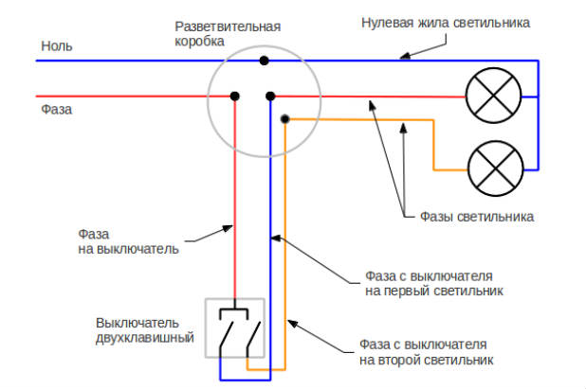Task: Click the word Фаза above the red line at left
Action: coord(57,109)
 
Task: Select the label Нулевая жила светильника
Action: coord(446,22)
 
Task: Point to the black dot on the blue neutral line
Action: coord(264,61)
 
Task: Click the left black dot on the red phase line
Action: coord(234,96)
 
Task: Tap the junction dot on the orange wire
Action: coord(285,119)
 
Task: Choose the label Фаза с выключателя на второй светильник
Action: coord(427,351)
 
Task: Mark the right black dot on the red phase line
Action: coord(270,96)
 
